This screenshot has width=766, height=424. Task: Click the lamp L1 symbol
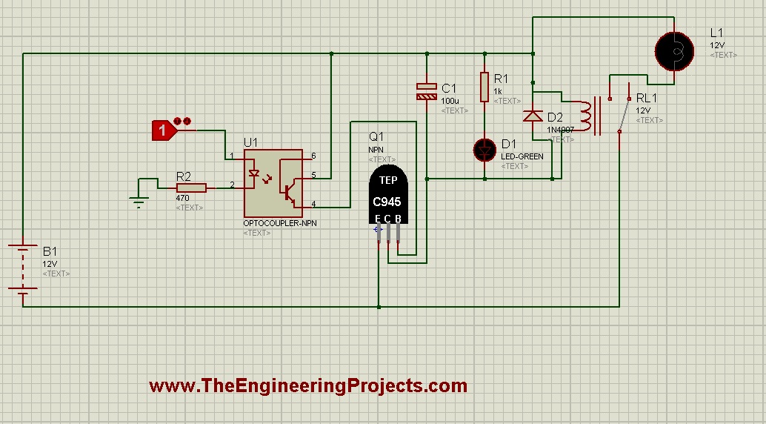tap(676, 50)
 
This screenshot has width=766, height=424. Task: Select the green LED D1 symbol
tap(484, 150)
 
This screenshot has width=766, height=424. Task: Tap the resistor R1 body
tap(484, 87)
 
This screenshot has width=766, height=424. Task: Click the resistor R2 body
tap(191, 189)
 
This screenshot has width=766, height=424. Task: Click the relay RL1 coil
tap(586, 117)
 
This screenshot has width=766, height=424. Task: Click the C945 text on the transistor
tap(387, 202)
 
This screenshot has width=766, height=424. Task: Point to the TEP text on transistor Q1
tap(388, 180)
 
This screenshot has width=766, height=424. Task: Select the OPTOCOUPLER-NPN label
tap(280, 223)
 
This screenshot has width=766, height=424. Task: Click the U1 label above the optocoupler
tap(251, 142)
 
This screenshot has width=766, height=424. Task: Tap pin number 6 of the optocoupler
tap(313, 156)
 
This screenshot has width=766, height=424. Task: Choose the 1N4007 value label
tap(561, 129)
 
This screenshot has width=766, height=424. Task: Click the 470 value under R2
tap(183, 199)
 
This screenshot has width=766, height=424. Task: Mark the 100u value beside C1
tap(450, 100)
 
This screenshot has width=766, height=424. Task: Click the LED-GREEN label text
tap(522, 156)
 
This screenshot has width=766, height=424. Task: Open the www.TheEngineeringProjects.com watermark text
tap(308, 386)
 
